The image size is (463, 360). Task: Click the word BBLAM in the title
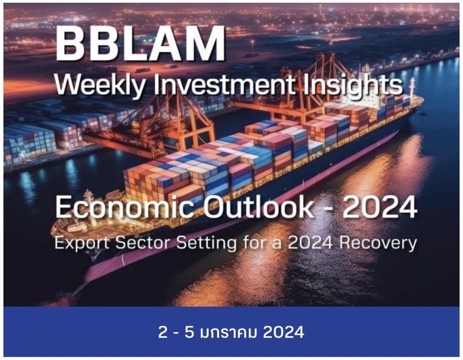click(141, 43)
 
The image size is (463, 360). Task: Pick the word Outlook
click(261, 208)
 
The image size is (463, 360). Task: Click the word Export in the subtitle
click(81, 243)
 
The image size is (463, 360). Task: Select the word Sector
click(142, 243)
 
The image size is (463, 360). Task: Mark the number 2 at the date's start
click(163, 332)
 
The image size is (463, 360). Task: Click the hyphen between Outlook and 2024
click(328, 209)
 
